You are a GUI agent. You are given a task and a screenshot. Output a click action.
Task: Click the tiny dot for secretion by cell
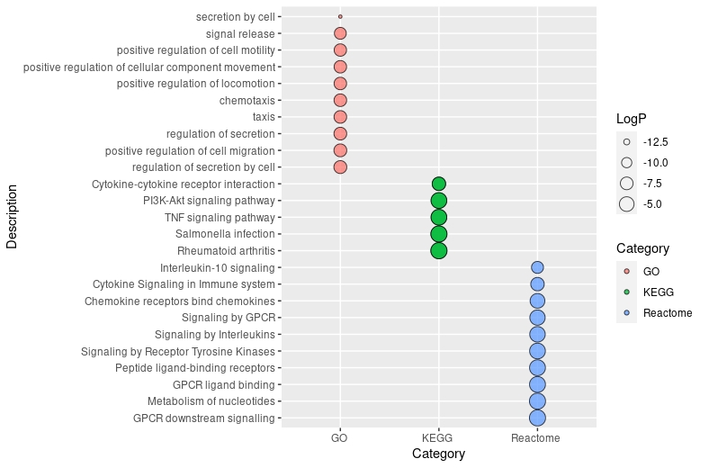pyautogui.click(x=340, y=16)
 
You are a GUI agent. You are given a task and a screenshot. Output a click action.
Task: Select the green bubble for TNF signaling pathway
pyautogui.click(x=438, y=217)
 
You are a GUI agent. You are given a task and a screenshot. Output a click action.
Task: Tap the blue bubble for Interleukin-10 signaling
pyautogui.click(x=537, y=267)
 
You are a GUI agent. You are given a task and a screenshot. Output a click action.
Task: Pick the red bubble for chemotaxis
pyautogui.click(x=340, y=100)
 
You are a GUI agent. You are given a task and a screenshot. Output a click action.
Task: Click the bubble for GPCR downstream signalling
pyautogui.click(x=537, y=418)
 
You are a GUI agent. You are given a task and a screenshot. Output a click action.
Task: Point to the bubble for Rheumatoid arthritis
pyautogui.click(x=438, y=250)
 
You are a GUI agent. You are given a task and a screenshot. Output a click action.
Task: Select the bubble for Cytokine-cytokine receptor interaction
pyautogui.click(x=438, y=184)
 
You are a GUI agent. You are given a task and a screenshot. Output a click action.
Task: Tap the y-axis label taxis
pyautogui.click(x=264, y=117)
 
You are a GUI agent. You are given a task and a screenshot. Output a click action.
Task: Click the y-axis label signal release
pyautogui.click(x=240, y=33)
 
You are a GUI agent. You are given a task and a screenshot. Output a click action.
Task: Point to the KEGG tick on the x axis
pyautogui.click(x=438, y=438)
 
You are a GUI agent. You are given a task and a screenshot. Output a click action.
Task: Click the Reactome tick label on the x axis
pyautogui.click(x=535, y=438)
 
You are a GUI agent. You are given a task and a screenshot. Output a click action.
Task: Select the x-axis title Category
pyautogui.click(x=438, y=454)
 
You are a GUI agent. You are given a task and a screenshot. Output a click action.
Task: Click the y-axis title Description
pyautogui.click(x=12, y=217)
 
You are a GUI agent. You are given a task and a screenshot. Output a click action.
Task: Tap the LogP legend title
pyautogui.click(x=632, y=119)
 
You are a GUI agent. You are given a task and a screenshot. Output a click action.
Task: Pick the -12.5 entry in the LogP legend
pyautogui.click(x=655, y=142)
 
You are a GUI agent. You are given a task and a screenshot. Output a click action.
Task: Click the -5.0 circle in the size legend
pyautogui.click(x=627, y=204)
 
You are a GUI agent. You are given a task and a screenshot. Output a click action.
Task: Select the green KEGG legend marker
pyautogui.click(x=627, y=292)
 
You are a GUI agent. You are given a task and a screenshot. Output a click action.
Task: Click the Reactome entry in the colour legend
pyautogui.click(x=667, y=312)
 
